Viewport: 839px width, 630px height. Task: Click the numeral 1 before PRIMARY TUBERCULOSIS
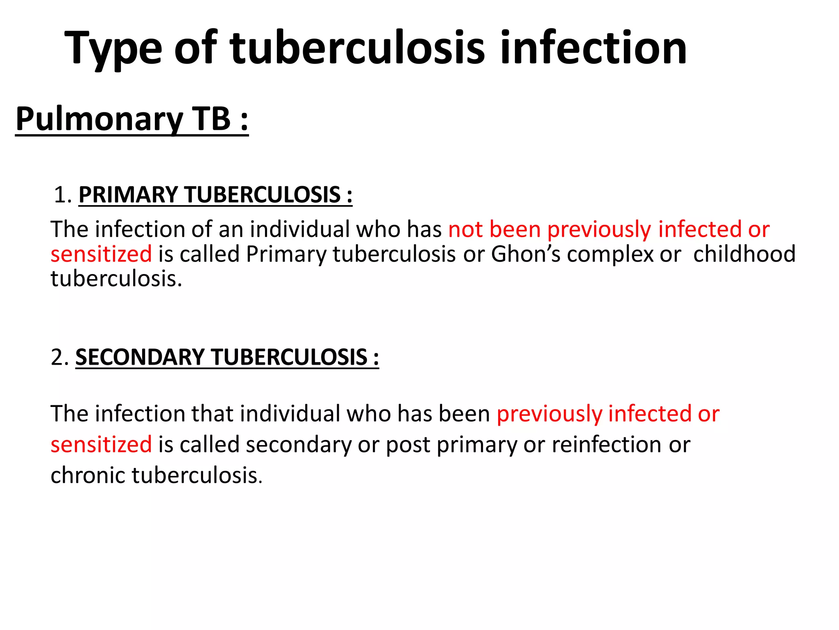(61, 195)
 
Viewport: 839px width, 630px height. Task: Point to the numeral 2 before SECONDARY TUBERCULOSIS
(57, 357)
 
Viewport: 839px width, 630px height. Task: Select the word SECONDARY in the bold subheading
(139, 357)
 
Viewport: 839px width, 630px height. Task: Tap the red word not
(465, 229)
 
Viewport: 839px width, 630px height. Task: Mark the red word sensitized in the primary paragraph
(101, 254)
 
